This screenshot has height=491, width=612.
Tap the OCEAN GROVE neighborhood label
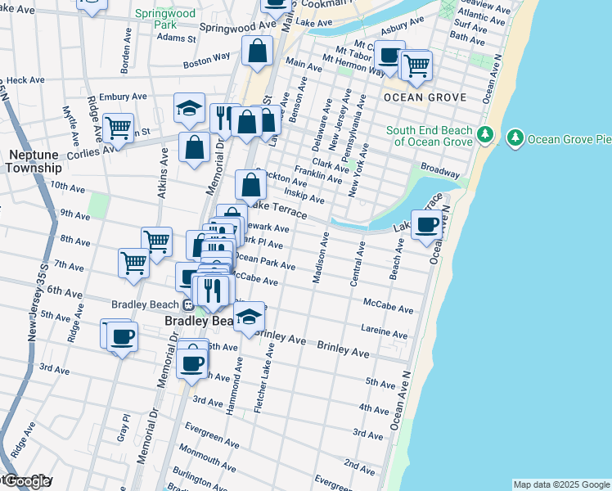[425, 97]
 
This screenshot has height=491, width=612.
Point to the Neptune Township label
[35, 160]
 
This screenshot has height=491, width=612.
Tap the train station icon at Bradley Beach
[188, 304]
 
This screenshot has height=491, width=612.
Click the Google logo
[26, 481]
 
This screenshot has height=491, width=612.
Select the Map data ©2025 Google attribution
[561, 484]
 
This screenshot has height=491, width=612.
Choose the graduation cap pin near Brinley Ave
[250, 316]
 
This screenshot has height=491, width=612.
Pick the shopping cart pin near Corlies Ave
[118, 128]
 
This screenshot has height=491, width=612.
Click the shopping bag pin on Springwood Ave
[257, 51]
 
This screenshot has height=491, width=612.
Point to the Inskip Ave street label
[304, 196]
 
